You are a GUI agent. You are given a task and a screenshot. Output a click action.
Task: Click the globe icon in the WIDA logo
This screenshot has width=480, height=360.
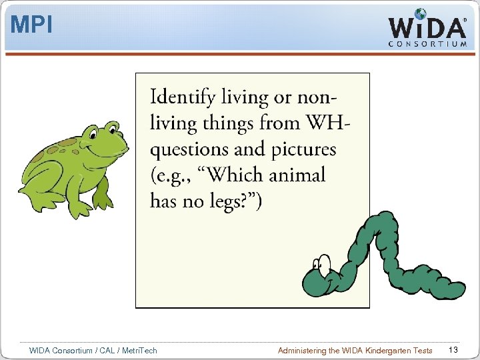(420, 14)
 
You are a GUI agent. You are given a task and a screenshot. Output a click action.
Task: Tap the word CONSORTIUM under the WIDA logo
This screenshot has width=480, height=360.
(427, 44)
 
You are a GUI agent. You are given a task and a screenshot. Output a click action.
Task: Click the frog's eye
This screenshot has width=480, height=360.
(112, 127)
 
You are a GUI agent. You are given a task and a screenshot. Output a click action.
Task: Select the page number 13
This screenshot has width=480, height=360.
(453, 350)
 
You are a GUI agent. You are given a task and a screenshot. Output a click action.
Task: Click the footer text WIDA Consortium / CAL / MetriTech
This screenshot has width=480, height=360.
(93, 350)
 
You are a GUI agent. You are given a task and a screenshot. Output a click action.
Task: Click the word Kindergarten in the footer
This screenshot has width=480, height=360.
(381, 350)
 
